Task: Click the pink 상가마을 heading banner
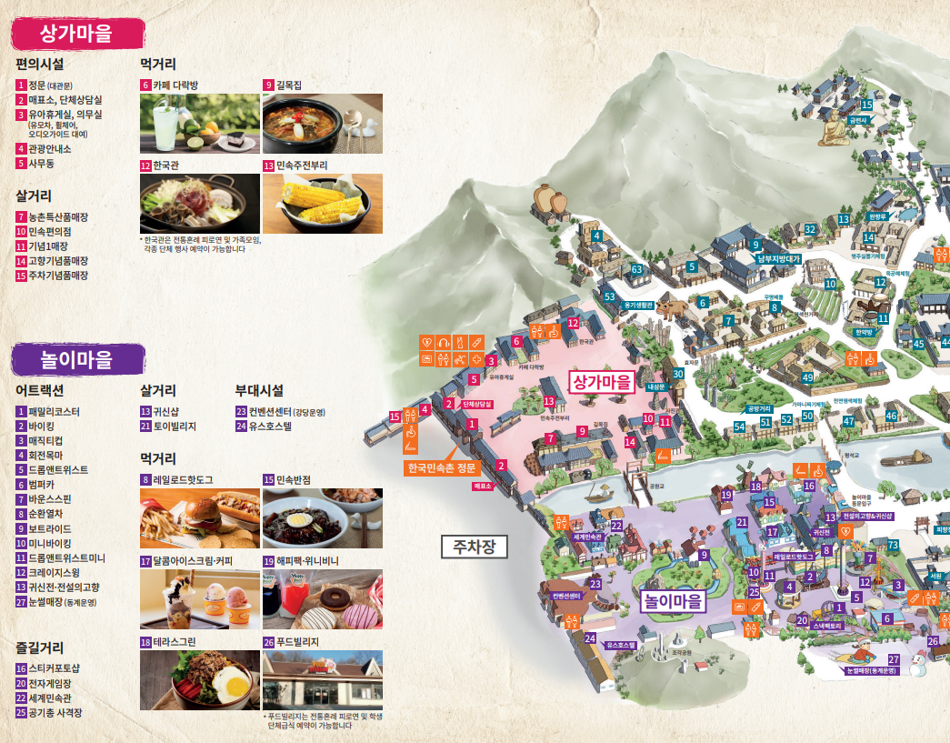point(77,35)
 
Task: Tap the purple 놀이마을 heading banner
point(77,359)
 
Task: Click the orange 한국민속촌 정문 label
point(442,468)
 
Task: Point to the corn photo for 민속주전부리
point(322,204)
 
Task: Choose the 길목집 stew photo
point(322,124)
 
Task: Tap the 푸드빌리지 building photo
point(322,680)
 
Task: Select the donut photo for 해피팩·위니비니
point(322,599)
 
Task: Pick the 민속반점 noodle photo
point(322,518)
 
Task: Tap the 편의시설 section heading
point(40,65)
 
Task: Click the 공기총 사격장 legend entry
point(55,713)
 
